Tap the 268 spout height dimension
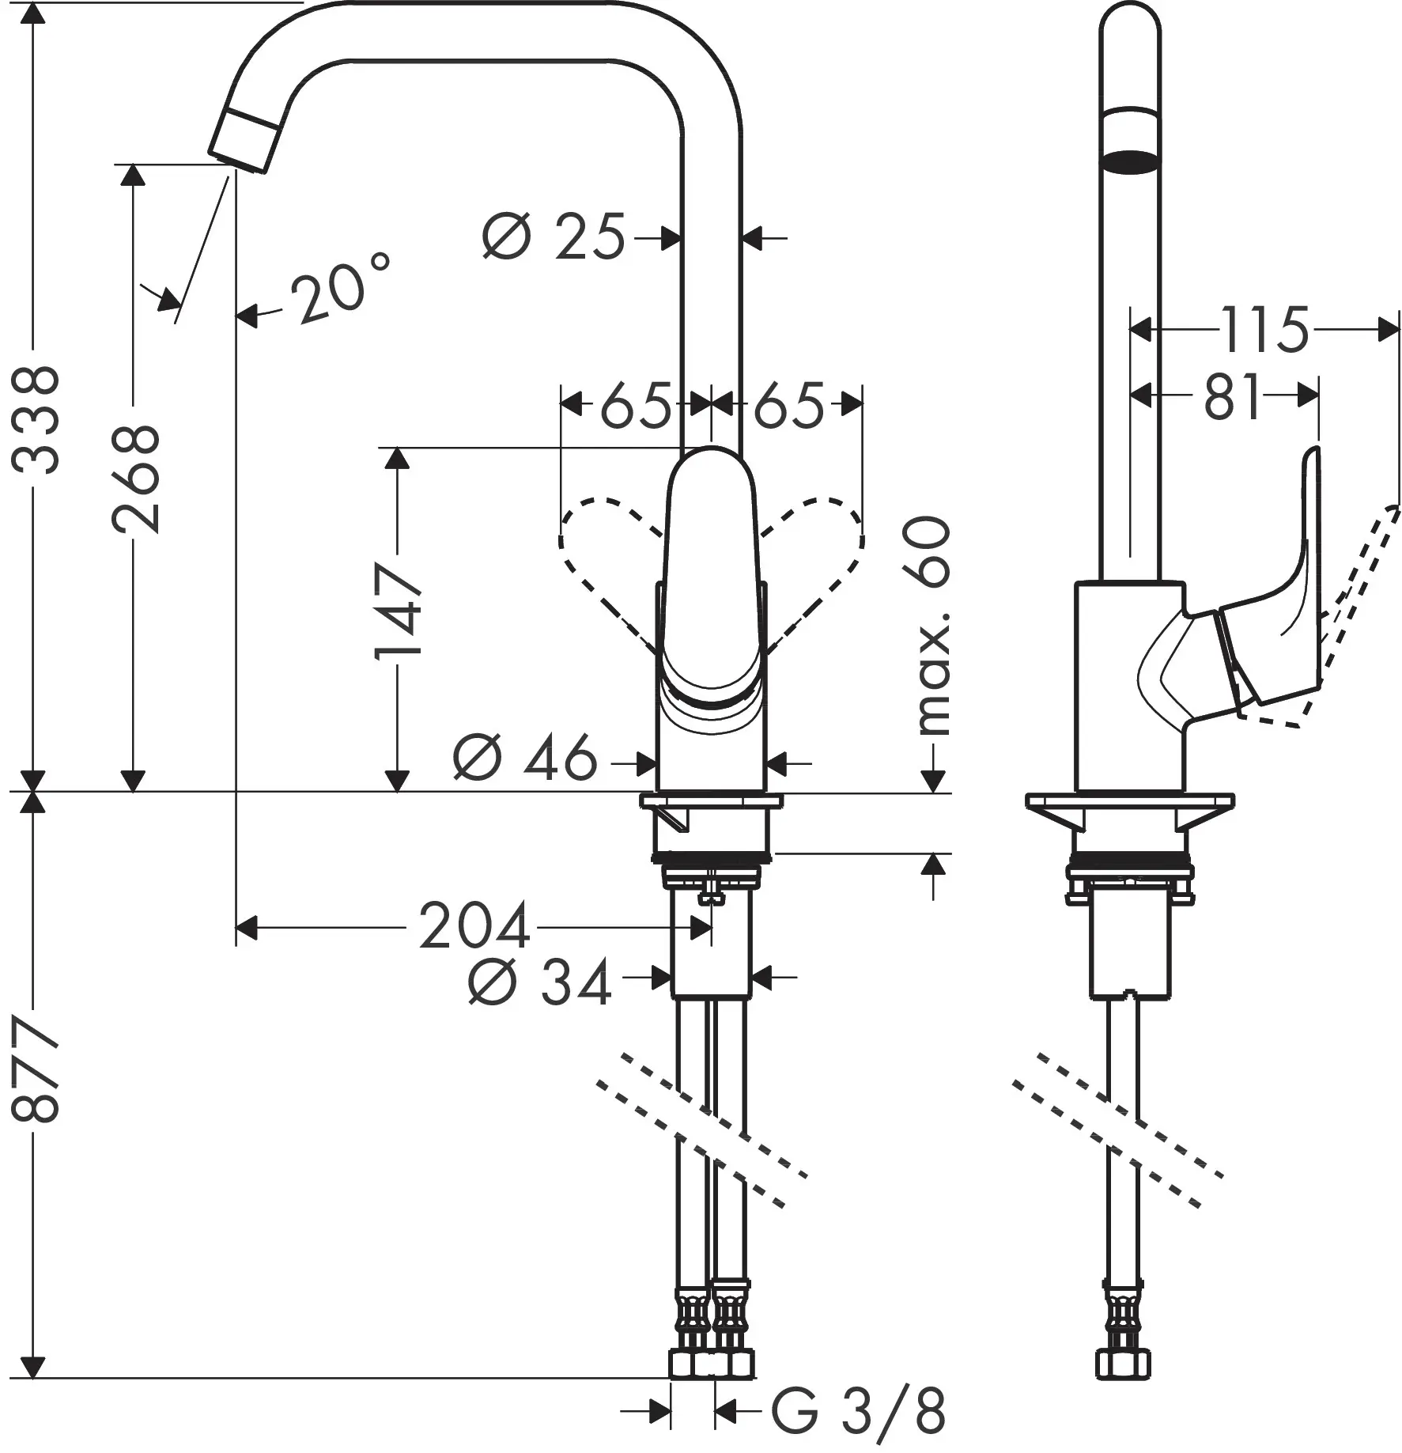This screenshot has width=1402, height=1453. tap(135, 479)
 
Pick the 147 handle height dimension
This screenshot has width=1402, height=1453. tap(398, 611)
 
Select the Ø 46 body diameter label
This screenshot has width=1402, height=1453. tap(525, 758)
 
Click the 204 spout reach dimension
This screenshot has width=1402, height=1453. tap(474, 926)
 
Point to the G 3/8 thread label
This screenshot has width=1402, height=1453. tap(858, 1411)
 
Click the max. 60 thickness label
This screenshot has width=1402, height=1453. tap(933, 626)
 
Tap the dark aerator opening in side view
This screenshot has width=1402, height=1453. tap(1131, 161)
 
